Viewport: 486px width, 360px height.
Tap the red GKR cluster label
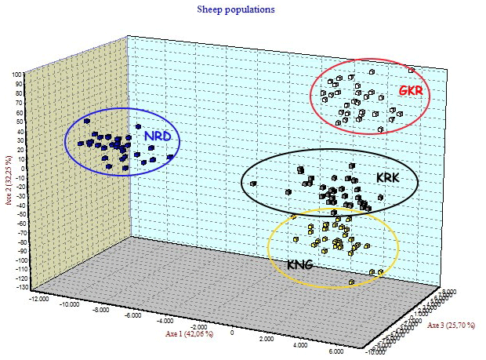pyautogui.click(x=412, y=90)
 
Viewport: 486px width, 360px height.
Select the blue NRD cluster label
pyautogui.click(x=158, y=136)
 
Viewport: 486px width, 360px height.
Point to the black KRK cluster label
pyautogui.click(x=388, y=178)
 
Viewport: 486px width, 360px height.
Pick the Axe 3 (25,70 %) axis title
pyautogui.click(x=451, y=325)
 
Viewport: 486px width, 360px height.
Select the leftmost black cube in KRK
pyautogui.click(x=253, y=184)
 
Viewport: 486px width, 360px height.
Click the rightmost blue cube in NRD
pyautogui.click(x=170, y=157)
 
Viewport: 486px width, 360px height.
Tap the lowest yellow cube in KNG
pyautogui.click(x=352, y=281)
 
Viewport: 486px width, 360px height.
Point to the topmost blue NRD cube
pyautogui.click(x=87, y=122)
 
